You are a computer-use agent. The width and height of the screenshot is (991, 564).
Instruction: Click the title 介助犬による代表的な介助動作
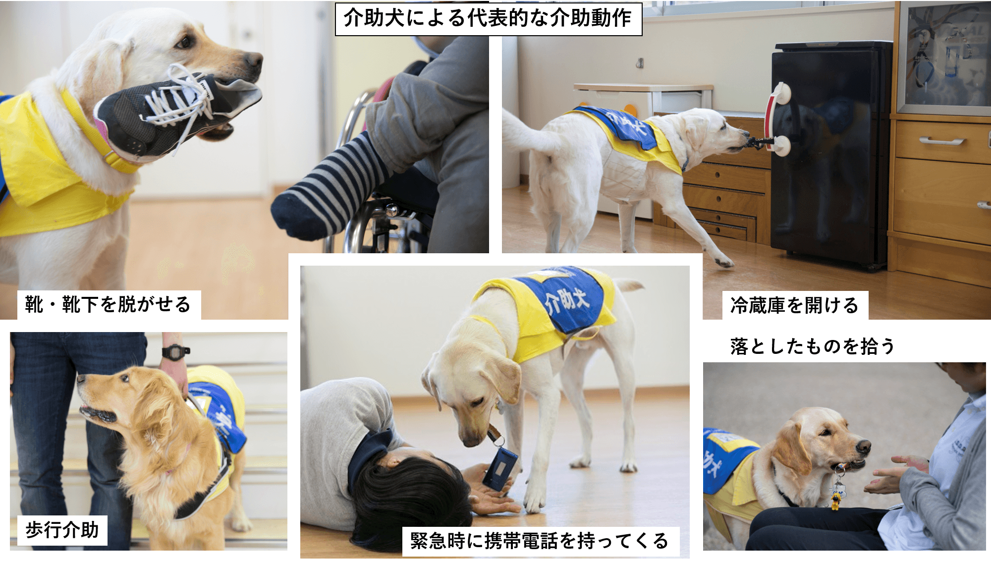[488, 18]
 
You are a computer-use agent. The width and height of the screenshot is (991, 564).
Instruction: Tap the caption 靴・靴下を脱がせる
[108, 304]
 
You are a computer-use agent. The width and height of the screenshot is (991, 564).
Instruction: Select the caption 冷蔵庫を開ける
[794, 305]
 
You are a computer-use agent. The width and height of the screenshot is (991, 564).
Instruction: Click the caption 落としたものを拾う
[813, 346]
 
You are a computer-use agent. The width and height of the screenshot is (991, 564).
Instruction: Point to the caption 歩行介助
[62, 530]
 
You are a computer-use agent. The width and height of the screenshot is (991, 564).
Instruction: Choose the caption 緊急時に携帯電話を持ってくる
[539, 541]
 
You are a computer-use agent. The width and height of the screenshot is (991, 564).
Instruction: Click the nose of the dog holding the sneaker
[254, 60]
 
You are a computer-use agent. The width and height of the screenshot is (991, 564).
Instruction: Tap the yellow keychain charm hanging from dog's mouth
[836, 501]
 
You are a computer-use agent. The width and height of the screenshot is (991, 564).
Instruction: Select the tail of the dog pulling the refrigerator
[520, 131]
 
